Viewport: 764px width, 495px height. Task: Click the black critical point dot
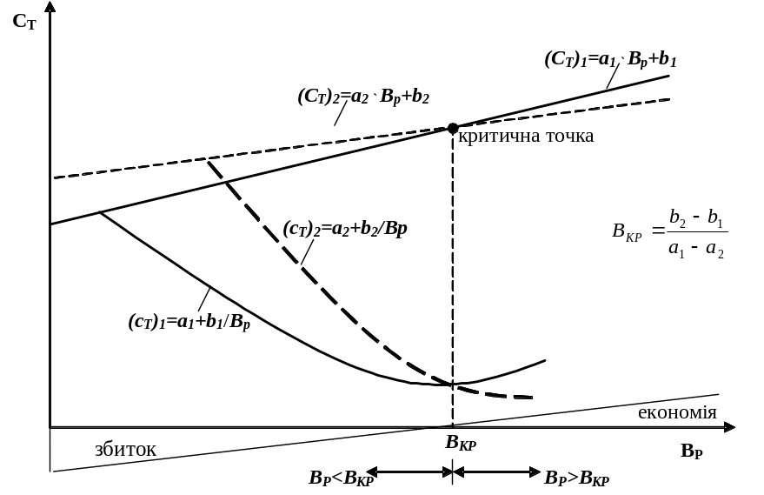453,128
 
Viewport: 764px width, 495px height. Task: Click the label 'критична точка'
526,137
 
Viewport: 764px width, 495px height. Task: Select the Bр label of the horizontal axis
692,451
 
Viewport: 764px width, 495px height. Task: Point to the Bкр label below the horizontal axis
461,443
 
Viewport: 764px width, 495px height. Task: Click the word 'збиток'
125,450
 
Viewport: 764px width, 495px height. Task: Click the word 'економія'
677,411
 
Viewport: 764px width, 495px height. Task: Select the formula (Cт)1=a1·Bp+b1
611,60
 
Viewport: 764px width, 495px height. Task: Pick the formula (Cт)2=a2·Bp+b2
363,96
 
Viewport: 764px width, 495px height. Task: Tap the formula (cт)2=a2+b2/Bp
345,230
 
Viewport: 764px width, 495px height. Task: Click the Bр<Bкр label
341,478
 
